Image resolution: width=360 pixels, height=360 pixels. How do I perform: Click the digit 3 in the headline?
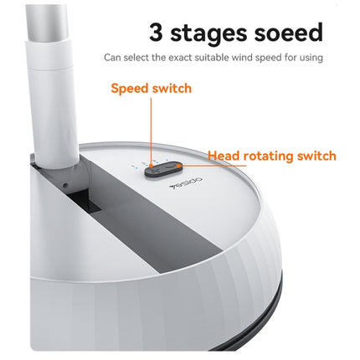pos(156,33)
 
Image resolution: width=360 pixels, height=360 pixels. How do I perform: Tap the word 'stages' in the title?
pos(208,35)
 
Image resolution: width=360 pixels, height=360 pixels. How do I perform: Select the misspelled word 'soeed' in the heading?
pos(288,33)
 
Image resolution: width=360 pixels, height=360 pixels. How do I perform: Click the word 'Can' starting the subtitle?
pos(112,58)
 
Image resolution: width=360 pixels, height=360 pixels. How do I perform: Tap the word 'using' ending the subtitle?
pos(311,59)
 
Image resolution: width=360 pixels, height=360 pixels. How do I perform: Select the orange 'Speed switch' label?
pos(152,89)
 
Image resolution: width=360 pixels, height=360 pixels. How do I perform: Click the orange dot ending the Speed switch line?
pos(152,166)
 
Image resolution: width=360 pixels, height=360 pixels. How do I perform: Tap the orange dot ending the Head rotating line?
pos(178,166)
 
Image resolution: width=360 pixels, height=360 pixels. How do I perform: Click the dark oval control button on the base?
pos(163,168)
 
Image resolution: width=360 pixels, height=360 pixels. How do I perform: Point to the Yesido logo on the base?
pos(186,183)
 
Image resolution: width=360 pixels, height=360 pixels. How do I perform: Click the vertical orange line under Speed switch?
pos(152,131)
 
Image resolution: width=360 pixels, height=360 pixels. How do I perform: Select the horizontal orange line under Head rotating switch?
pos(213,166)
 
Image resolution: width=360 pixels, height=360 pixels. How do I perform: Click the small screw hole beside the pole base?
pos(65,185)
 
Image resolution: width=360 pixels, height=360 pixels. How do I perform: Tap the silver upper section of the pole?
pos(47,20)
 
